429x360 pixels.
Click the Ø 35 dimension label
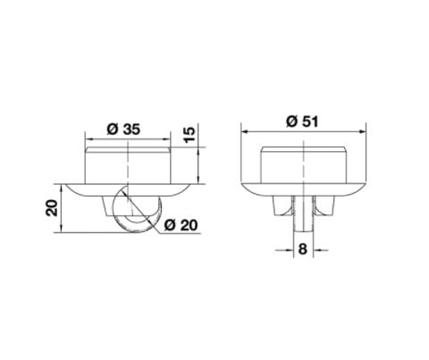pos(123,128)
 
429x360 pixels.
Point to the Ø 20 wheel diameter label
pos(181,224)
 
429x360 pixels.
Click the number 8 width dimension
pos(302,251)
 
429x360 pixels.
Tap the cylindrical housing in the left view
pos(129,163)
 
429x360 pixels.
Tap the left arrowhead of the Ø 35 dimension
pos(88,140)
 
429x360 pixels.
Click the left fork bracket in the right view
pos(279,206)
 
